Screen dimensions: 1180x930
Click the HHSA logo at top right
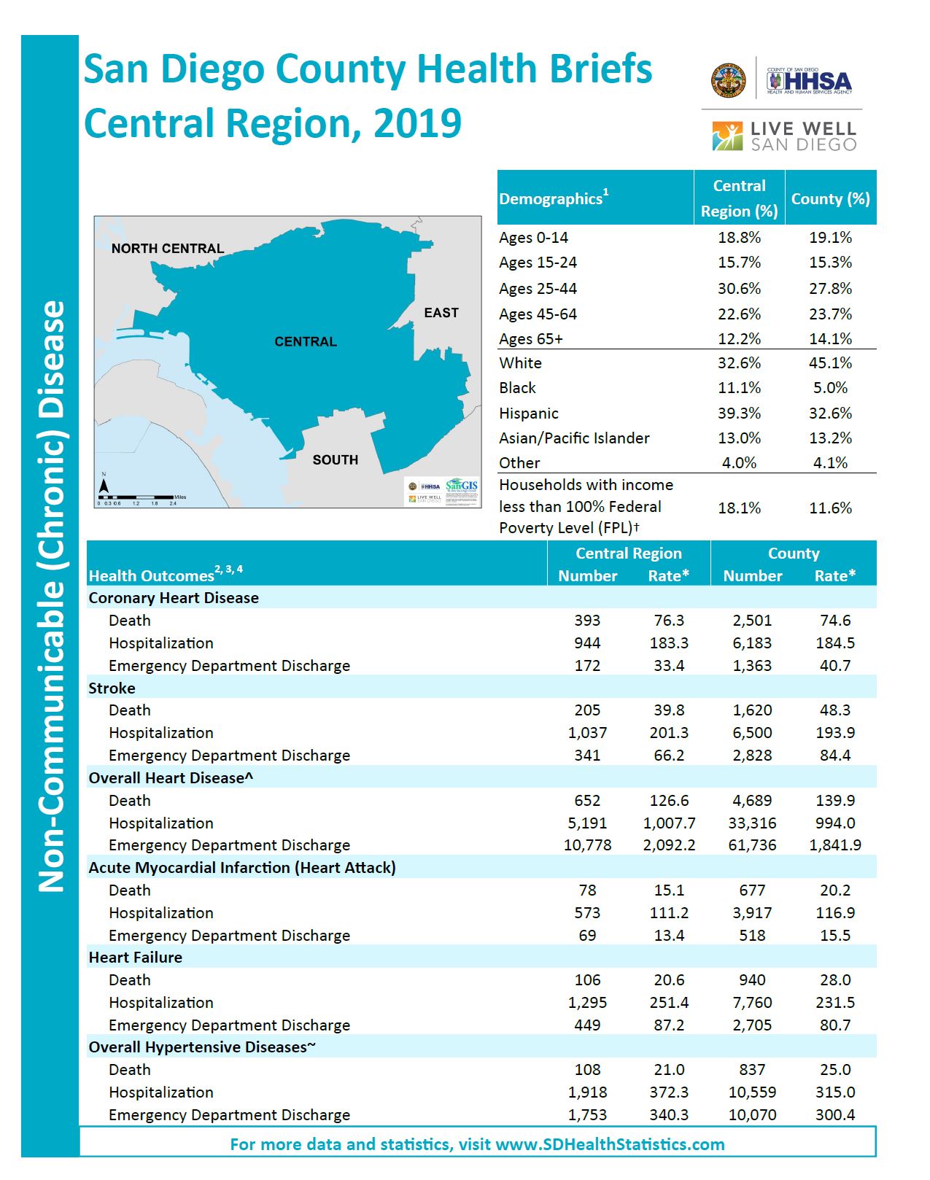point(809,81)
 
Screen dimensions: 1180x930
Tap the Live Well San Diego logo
point(784,136)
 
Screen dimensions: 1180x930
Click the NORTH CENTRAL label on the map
point(168,249)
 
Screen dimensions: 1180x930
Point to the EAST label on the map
point(441,313)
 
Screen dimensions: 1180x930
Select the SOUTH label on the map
point(336,460)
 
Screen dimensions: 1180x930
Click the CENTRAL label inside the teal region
point(306,342)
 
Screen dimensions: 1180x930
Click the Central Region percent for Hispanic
point(739,414)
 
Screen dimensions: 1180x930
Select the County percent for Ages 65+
point(830,339)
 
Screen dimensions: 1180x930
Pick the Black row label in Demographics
point(518,388)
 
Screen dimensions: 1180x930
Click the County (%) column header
point(830,199)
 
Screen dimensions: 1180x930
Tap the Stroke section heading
point(112,688)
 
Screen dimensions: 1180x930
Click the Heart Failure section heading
point(136,958)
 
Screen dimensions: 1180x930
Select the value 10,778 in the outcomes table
point(587,845)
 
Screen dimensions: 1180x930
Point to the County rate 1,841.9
point(835,845)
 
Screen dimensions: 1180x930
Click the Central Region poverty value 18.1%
point(739,508)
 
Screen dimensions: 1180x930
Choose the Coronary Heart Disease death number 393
point(587,621)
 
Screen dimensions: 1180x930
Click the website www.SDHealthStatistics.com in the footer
point(620,1145)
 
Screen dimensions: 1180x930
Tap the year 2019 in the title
point(418,123)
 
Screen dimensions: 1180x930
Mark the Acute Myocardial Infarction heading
point(242,868)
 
